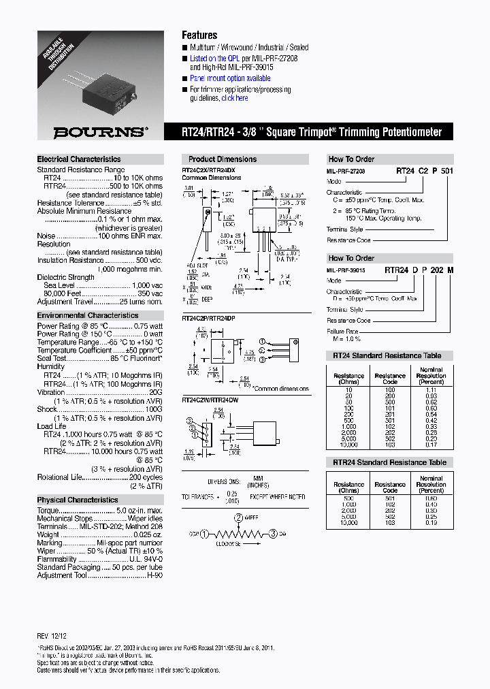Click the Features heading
(x=199, y=35)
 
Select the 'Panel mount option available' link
(x=230, y=79)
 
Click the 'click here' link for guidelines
(x=235, y=98)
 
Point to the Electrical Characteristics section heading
(x=79, y=159)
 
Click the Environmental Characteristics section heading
(x=88, y=316)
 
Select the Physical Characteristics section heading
(x=78, y=500)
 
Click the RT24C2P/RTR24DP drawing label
(x=209, y=317)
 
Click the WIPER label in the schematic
(x=251, y=518)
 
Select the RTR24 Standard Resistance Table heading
(x=389, y=463)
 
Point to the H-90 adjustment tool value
(x=155, y=575)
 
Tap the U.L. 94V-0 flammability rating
(x=147, y=558)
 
